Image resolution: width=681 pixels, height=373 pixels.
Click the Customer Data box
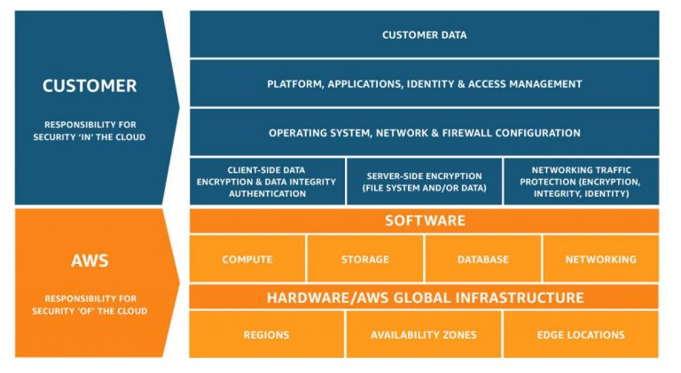424,35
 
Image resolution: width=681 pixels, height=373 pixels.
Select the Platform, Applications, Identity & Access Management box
424,84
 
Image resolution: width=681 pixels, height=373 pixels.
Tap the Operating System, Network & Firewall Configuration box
424,133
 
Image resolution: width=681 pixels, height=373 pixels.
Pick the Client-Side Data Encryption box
267,182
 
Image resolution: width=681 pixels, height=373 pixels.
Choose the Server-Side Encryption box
423,182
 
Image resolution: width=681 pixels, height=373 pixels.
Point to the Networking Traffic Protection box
581,182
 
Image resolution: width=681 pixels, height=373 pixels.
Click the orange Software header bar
424,221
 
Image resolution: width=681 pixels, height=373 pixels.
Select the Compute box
247,260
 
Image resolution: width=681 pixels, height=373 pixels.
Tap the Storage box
365,260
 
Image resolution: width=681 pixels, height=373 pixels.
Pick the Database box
482,260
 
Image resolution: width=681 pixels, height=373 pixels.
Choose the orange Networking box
600,260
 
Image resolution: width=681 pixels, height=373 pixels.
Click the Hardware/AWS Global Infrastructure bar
424,298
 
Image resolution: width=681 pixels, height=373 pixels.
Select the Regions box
266,335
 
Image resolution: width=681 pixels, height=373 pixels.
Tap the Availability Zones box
423,335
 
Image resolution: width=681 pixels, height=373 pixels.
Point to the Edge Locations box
581,335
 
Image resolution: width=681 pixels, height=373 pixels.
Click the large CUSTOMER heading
90,86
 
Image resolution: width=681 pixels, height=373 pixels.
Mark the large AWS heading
90,261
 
